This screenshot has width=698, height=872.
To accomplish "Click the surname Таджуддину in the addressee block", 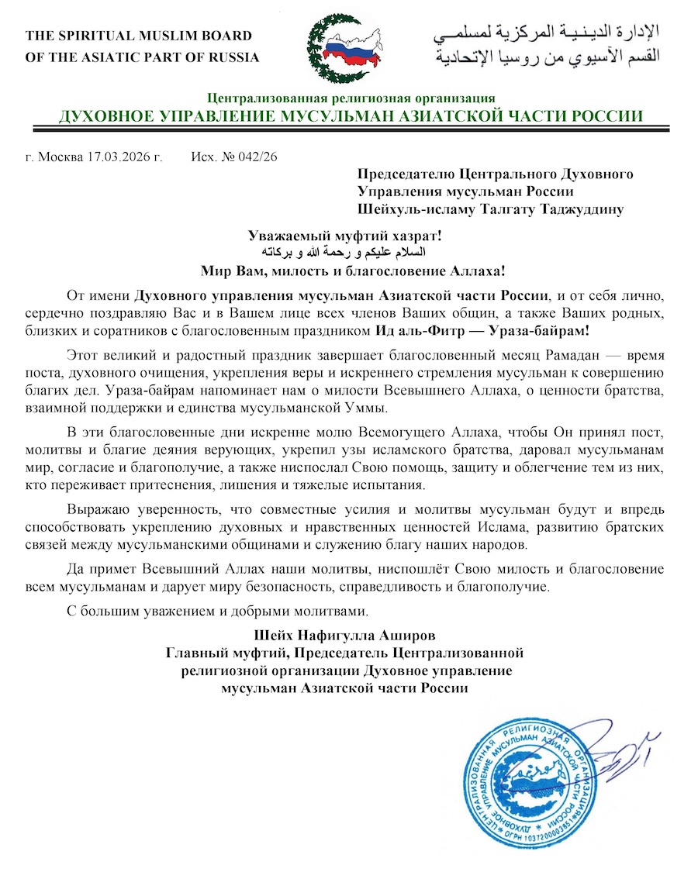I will click(574, 209).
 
